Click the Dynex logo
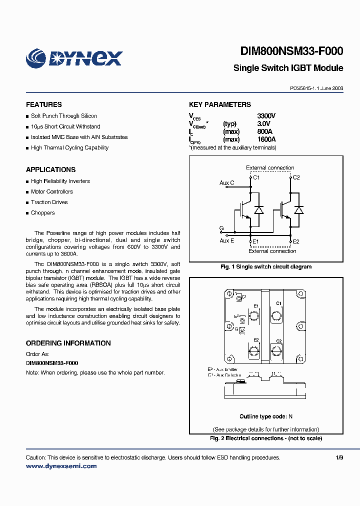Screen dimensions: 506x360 pos(74,58)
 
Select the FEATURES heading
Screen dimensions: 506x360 pos(44,104)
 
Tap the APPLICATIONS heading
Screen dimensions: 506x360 pos(51,169)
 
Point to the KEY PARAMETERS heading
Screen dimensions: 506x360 pos(220,104)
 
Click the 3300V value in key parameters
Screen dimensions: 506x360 pos(266,116)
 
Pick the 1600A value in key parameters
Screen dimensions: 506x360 pos(266,140)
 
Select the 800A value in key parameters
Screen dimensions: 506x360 pos(265,132)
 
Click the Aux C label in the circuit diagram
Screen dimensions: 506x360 pos(227,183)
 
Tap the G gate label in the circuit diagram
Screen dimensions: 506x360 pos(221,228)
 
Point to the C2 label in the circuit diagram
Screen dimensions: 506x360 pos(296,177)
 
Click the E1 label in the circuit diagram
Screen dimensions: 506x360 pos(255,241)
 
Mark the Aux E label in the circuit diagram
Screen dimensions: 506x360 pos(227,240)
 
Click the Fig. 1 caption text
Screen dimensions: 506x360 pos(266,266)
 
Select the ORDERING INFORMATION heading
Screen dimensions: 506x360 pos(68,343)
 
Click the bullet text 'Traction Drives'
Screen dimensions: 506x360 pos(49,202)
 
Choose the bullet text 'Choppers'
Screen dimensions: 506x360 pos(43,212)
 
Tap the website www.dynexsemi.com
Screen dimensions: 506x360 pos(61,466)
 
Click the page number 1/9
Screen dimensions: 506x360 pos(339,457)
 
